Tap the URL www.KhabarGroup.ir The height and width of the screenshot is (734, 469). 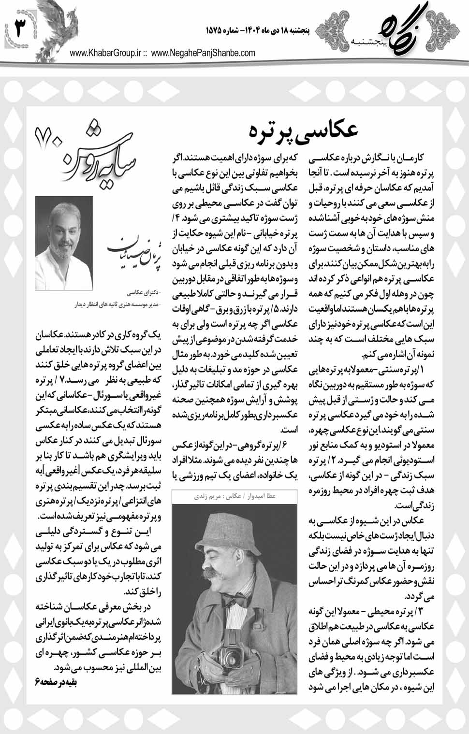pyautogui.click(x=107, y=54)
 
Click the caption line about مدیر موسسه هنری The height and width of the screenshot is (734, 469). pyautogui.click(x=114, y=305)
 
